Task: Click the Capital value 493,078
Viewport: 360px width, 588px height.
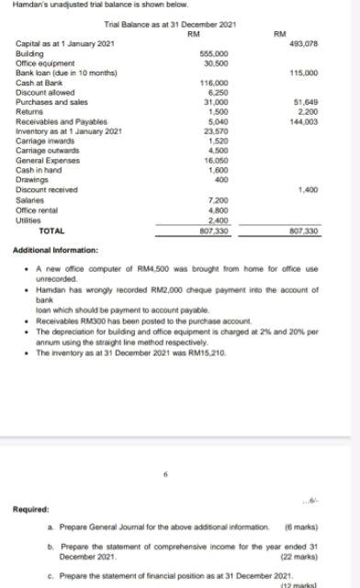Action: pyautogui.click(x=303, y=45)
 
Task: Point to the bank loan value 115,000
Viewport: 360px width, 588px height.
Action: pyautogui.click(x=303, y=73)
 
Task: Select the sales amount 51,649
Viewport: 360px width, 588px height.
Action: pyautogui.click(x=305, y=100)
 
